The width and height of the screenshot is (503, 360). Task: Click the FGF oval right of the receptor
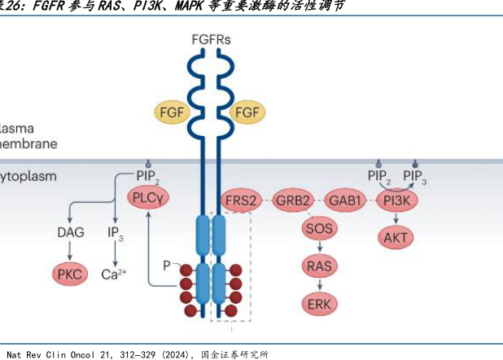(248, 112)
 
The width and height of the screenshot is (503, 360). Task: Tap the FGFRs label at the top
(212, 38)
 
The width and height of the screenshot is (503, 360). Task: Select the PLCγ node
(151, 196)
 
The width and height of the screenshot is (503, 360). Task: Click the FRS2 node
(241, 200)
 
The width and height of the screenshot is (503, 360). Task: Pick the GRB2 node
(293, 200)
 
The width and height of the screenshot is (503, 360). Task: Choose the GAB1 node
(345, 200)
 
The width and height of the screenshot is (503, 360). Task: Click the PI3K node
(397, 200)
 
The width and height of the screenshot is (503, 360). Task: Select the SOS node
(318, 229)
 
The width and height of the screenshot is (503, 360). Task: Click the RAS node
(318, 266)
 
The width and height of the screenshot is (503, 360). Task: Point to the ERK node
(318, 304)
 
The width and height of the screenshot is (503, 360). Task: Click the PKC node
(71, 274)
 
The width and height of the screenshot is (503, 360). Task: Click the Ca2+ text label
(114, 274)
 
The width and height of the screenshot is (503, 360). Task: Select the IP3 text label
(115, 233)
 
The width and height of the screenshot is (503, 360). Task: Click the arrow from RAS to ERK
(318, 284)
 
